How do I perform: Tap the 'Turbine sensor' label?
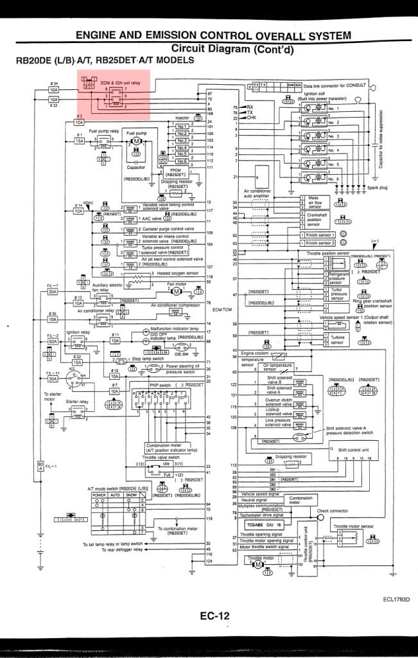(338, 340)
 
